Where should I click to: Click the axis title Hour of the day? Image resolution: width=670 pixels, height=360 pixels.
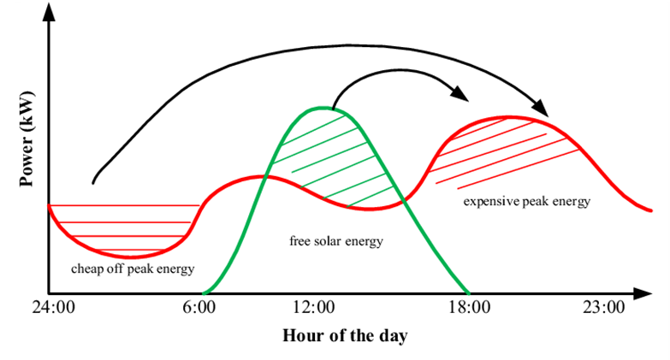pos(345,335)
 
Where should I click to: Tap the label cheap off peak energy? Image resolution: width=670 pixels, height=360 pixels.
pos(133,268)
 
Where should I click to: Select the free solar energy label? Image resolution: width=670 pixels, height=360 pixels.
pos(336,241)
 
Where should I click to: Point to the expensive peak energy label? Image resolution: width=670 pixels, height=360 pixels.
pos(526,202)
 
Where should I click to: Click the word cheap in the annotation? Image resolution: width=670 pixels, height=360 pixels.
pos(86,268)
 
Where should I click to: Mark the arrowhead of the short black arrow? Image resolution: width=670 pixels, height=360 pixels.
pos(463,95)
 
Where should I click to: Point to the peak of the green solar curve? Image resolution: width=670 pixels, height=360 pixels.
pos(322,107)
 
